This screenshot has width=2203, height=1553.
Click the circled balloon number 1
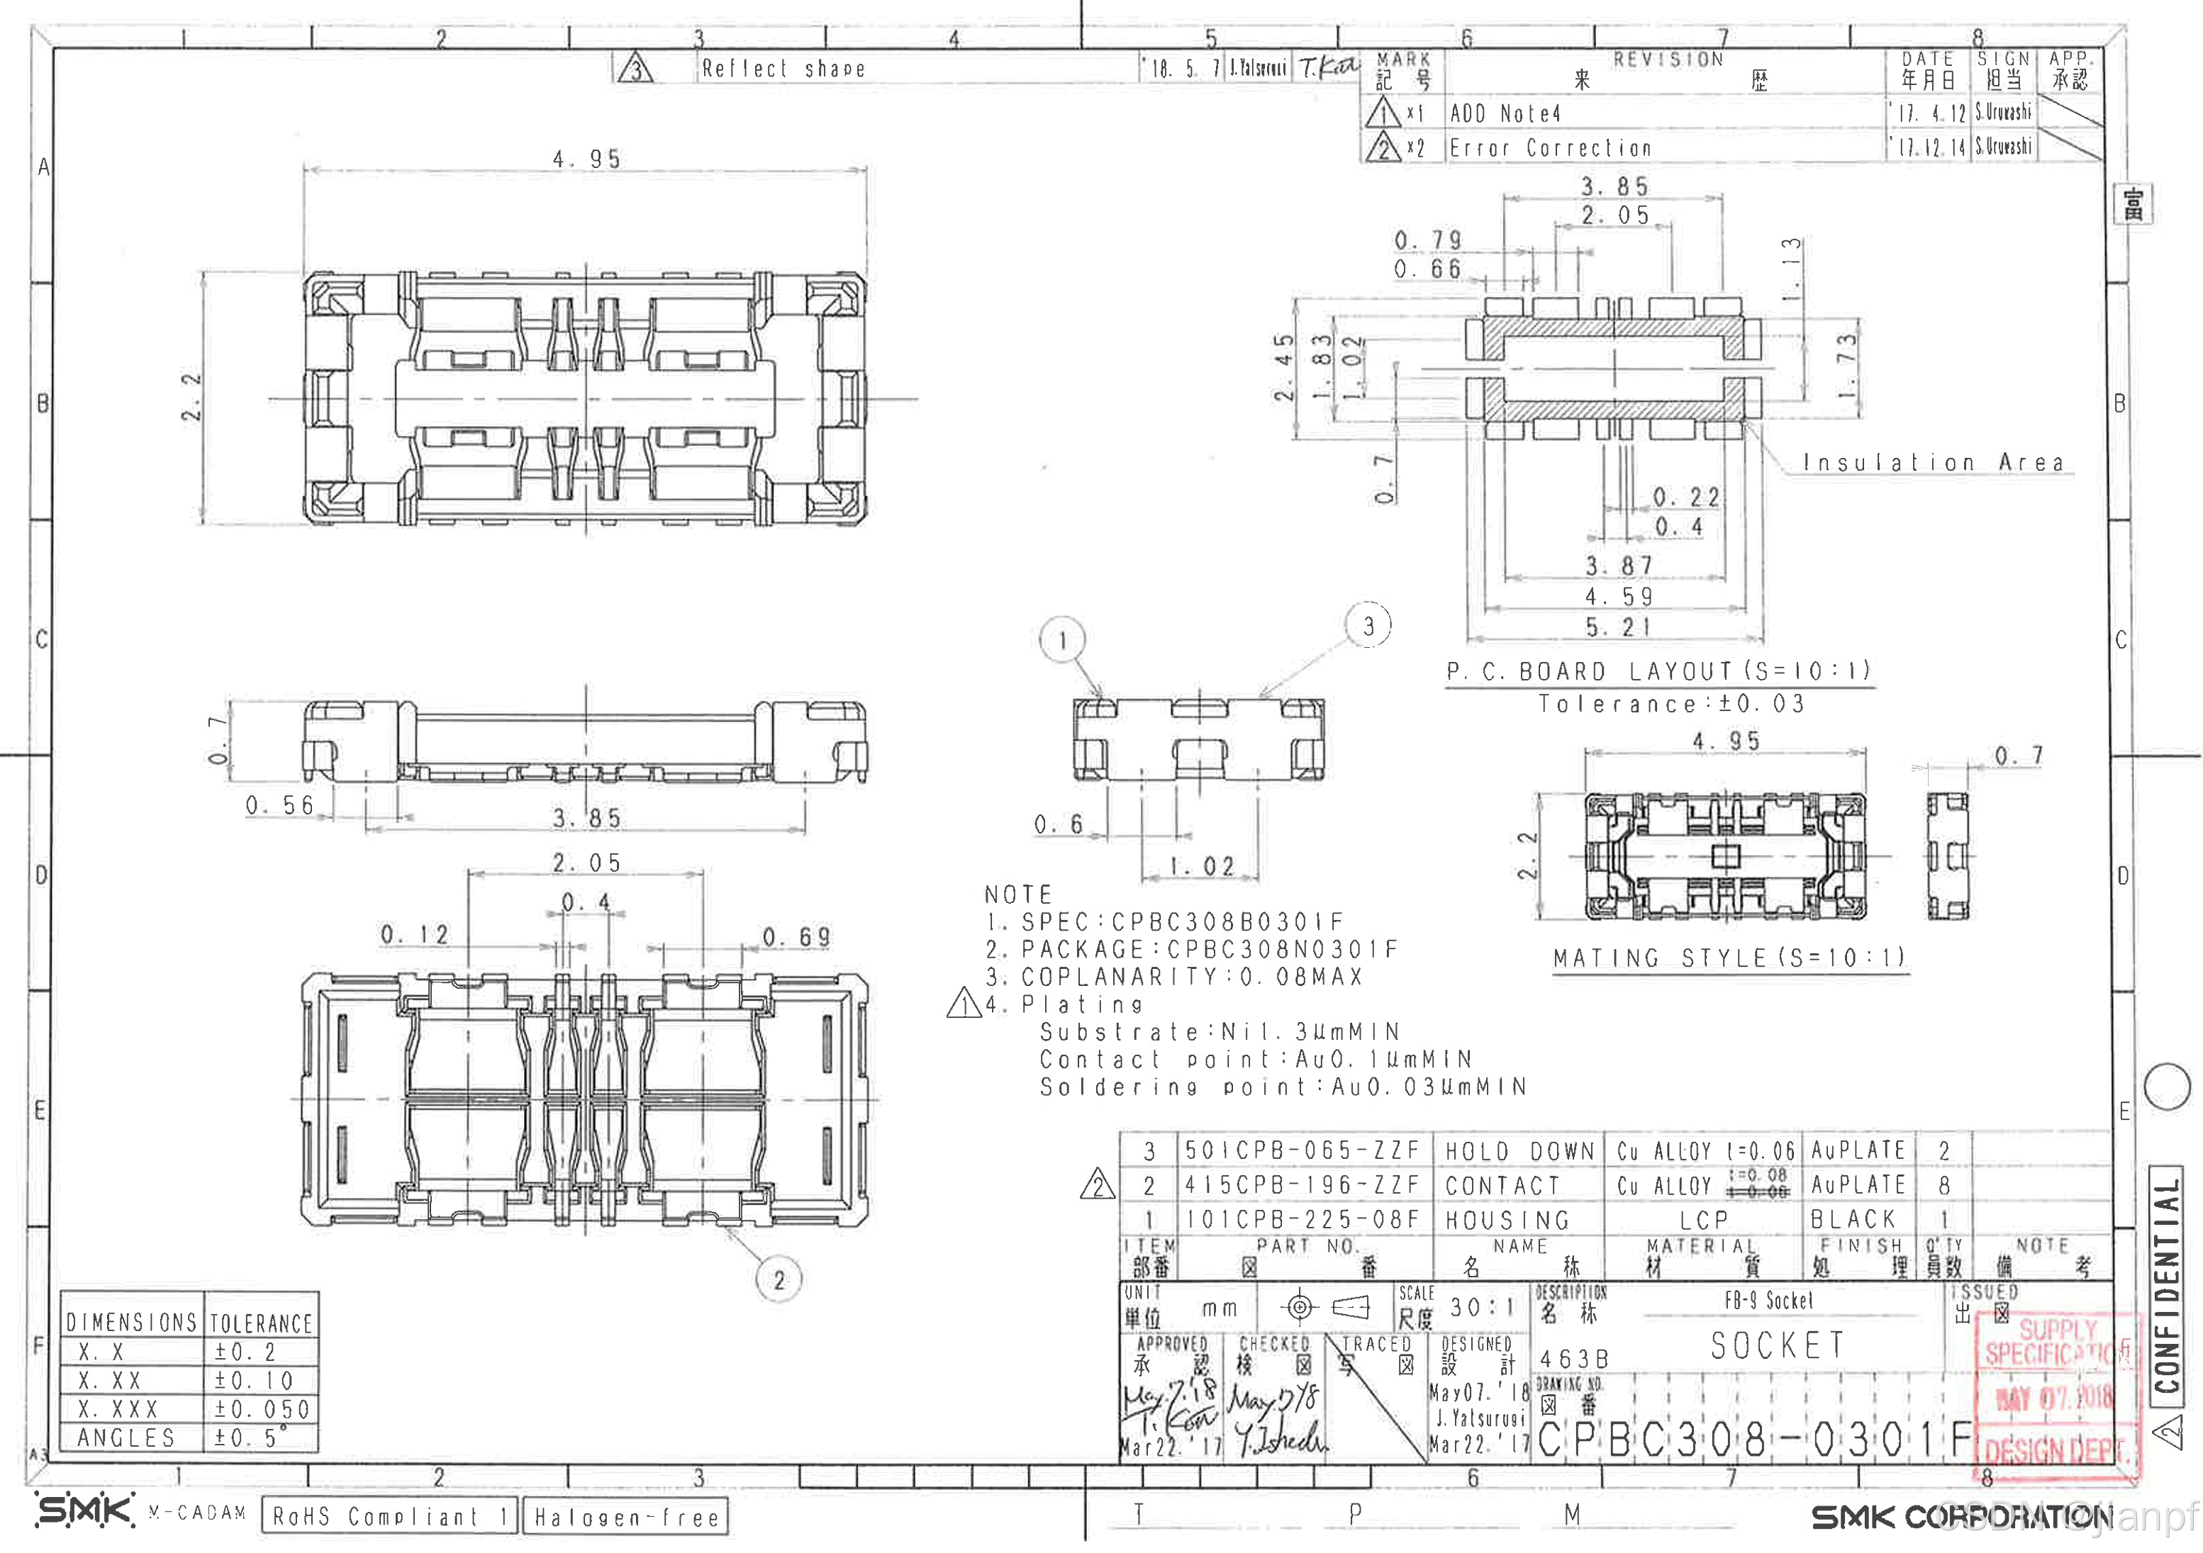(x=1061, y=640)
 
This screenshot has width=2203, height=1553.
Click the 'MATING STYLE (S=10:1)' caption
(x=1730, y=958)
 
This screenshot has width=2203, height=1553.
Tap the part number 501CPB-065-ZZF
(x=1302, y=1150)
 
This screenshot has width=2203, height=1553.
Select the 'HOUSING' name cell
(x=1507, y=1219)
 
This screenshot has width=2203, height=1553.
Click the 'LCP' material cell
(x=1703, y=1219)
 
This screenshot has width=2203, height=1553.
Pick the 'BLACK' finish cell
(x=1853, y=1218)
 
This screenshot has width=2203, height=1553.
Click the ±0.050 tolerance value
(x=262, y=1409)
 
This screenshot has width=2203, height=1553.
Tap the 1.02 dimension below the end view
(x=1201, y=866)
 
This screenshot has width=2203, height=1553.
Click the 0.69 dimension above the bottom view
(x=796, y=936)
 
